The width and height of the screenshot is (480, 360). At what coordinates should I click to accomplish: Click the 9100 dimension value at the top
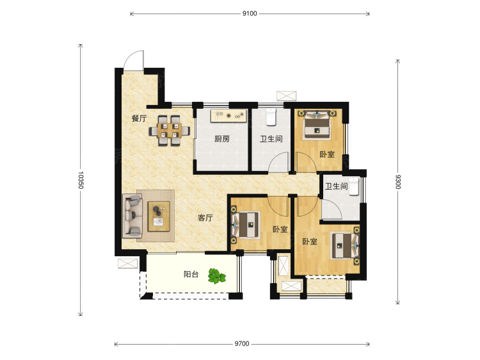pos(250,13)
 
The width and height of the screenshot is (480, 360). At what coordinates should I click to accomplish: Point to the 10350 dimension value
pos(81,180)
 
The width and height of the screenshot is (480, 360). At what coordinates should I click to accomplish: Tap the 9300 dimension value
pos(398,182)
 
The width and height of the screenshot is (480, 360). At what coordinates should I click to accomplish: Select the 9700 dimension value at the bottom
pos(242,344)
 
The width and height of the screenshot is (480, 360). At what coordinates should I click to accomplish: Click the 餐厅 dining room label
pos(139,119)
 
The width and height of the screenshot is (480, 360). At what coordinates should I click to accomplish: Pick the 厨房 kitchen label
pos(222,139)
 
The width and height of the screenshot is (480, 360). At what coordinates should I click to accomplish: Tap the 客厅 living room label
pos(205,218)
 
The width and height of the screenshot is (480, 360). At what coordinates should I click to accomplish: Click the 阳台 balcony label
pos(191,274)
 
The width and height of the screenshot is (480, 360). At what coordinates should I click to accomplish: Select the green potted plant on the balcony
pos(217,276)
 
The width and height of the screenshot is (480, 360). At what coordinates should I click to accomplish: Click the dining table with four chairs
pos(170,131)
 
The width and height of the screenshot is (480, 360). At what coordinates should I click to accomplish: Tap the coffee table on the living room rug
pos(159,217)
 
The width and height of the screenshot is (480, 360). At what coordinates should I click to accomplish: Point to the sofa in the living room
pos(132,216)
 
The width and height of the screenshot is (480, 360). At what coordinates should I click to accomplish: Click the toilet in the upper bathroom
pos(271,117)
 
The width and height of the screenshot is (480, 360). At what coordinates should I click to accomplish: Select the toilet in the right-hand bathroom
pos(353,186)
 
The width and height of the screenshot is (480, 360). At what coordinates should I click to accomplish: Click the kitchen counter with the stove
pos(228,116)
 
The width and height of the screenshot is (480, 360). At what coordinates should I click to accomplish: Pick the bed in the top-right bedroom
pos(317,125)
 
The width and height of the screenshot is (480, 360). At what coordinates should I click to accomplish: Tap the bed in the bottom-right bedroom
pos(345,246)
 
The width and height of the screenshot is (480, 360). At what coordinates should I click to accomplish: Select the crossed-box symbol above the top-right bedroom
pos(287,95)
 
